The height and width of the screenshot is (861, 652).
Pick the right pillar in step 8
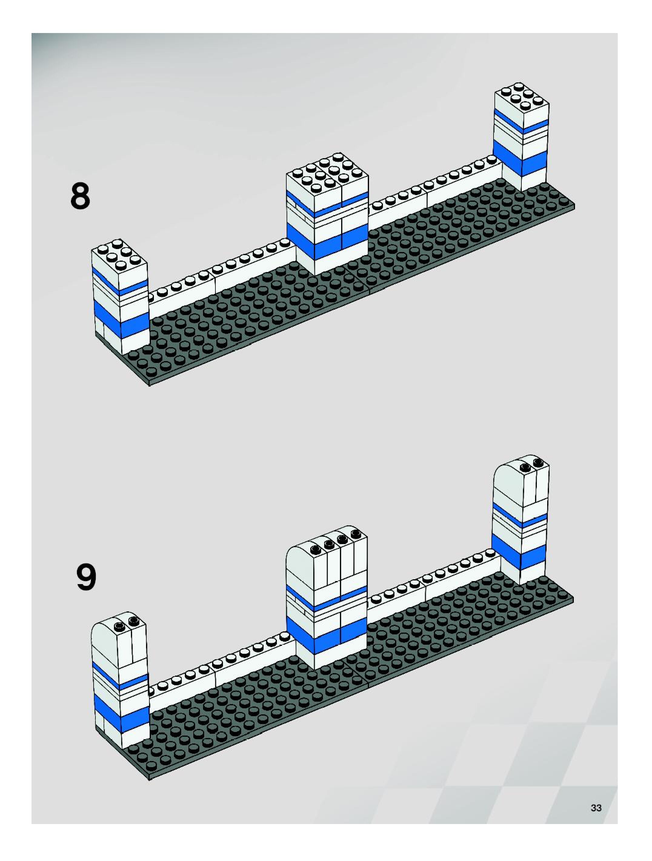pyautogui.click(x=521, y=136)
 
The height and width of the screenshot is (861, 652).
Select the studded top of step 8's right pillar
pyautogui.click(x=522, y=97)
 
